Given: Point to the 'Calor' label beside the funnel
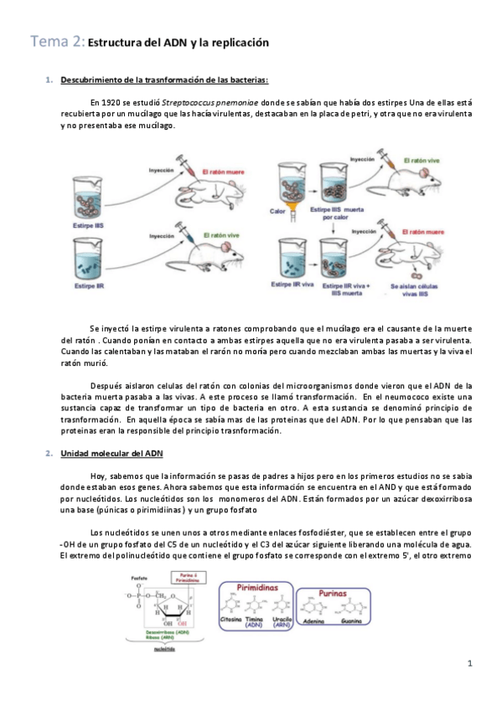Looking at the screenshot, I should point(280,211).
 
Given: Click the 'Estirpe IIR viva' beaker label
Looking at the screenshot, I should point(292,286).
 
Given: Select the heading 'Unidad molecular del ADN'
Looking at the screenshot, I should point(111,453).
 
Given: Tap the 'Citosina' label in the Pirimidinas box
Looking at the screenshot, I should point(230,620).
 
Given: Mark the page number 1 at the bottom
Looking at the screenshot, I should point(471,664).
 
